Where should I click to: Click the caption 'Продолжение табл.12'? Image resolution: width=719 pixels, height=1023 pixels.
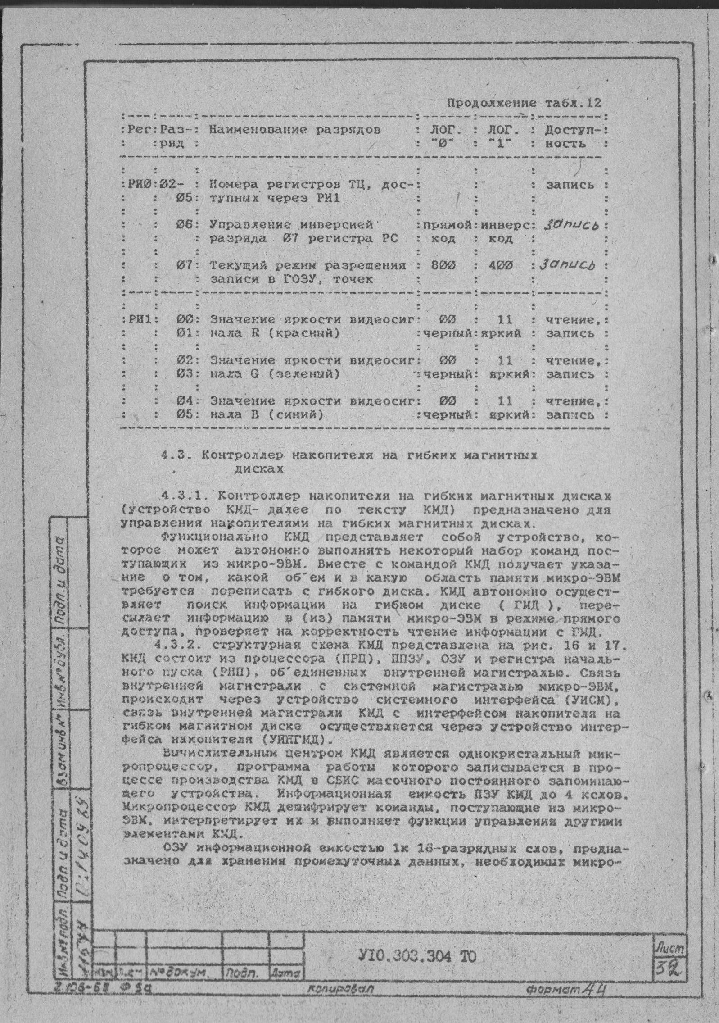[x=524, y=103]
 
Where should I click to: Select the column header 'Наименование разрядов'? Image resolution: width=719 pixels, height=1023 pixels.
[x=295, y=131]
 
